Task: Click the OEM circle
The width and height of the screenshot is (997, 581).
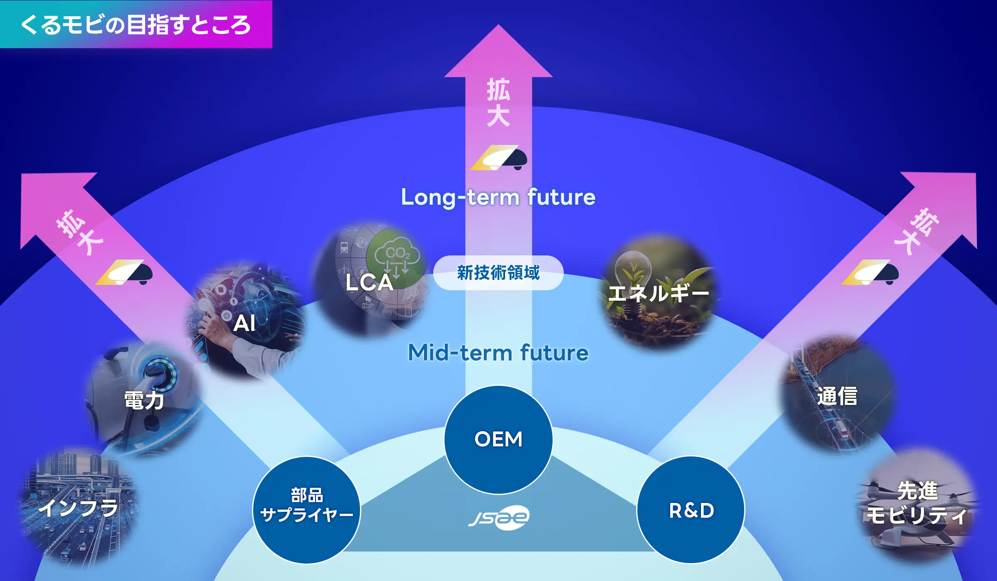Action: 498,439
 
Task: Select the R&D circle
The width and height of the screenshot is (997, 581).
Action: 691,510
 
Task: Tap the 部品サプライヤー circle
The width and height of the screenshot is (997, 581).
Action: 306,510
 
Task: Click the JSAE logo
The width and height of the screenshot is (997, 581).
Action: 498,517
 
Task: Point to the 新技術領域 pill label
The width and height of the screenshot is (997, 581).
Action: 498,273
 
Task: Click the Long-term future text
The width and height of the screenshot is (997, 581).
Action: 498,197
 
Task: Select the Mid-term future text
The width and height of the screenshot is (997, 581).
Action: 498,353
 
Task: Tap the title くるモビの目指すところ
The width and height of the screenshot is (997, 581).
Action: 136,25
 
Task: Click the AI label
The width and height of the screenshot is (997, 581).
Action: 244,323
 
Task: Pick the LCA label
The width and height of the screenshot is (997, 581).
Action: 369,282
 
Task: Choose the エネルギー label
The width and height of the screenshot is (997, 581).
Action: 658,293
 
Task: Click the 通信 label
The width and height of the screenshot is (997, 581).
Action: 837,396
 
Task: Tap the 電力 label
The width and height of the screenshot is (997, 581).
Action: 144,400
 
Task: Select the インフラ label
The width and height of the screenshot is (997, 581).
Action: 79,508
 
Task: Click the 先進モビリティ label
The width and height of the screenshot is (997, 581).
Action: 917,503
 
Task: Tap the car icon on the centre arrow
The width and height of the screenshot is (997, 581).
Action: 498,157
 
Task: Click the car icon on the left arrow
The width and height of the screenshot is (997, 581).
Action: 124,272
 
